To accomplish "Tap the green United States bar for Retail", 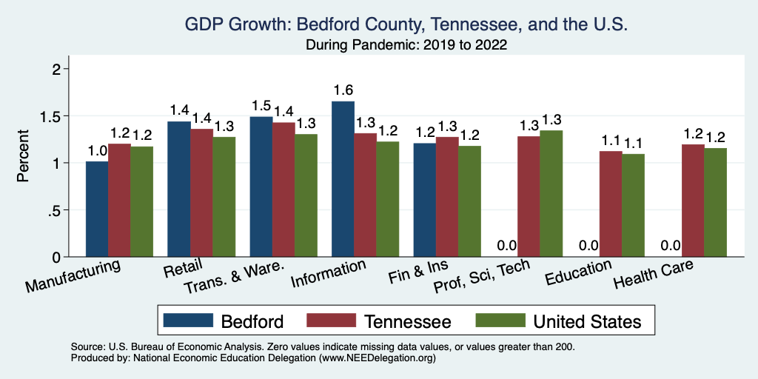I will [x=224, y=197].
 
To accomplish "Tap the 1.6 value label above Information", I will [x=343, y=90].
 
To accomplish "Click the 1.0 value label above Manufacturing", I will [x=97, y=150].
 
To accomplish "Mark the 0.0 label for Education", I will [x=588, y=246].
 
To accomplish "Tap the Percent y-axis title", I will [x=24, y=157].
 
